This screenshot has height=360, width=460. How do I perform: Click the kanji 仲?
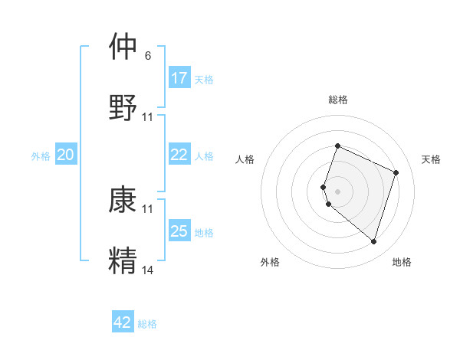pos(123,47)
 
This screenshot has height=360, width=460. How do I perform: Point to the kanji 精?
pos(123,260)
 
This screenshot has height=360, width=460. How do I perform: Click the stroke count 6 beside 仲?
pos(148,56)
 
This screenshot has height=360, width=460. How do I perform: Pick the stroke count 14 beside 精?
pos(148,270)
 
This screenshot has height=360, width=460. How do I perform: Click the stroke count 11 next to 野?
pos(148,117)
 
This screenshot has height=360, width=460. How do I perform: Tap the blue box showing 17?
pos(179,78)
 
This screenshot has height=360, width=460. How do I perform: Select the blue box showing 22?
pos(179,155)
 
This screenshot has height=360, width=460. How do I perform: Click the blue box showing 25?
pos(179,231)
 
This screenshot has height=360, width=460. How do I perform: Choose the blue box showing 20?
pos(66,155)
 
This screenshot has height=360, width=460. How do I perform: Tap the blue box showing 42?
pos(123,322)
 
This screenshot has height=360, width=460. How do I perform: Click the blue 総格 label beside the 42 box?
pos(147,324)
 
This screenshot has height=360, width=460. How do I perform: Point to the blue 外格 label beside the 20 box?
pos(41,156)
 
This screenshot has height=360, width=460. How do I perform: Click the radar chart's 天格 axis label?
pos(431,159)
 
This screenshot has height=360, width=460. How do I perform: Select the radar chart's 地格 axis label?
pos(402,262)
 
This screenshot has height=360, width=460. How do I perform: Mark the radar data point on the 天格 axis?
pos(396,172)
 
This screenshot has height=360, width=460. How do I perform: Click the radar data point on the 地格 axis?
pos(373,241)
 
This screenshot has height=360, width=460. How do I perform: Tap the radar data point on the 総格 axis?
pos(337,146)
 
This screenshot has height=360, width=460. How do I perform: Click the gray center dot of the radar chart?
pos(337,191)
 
